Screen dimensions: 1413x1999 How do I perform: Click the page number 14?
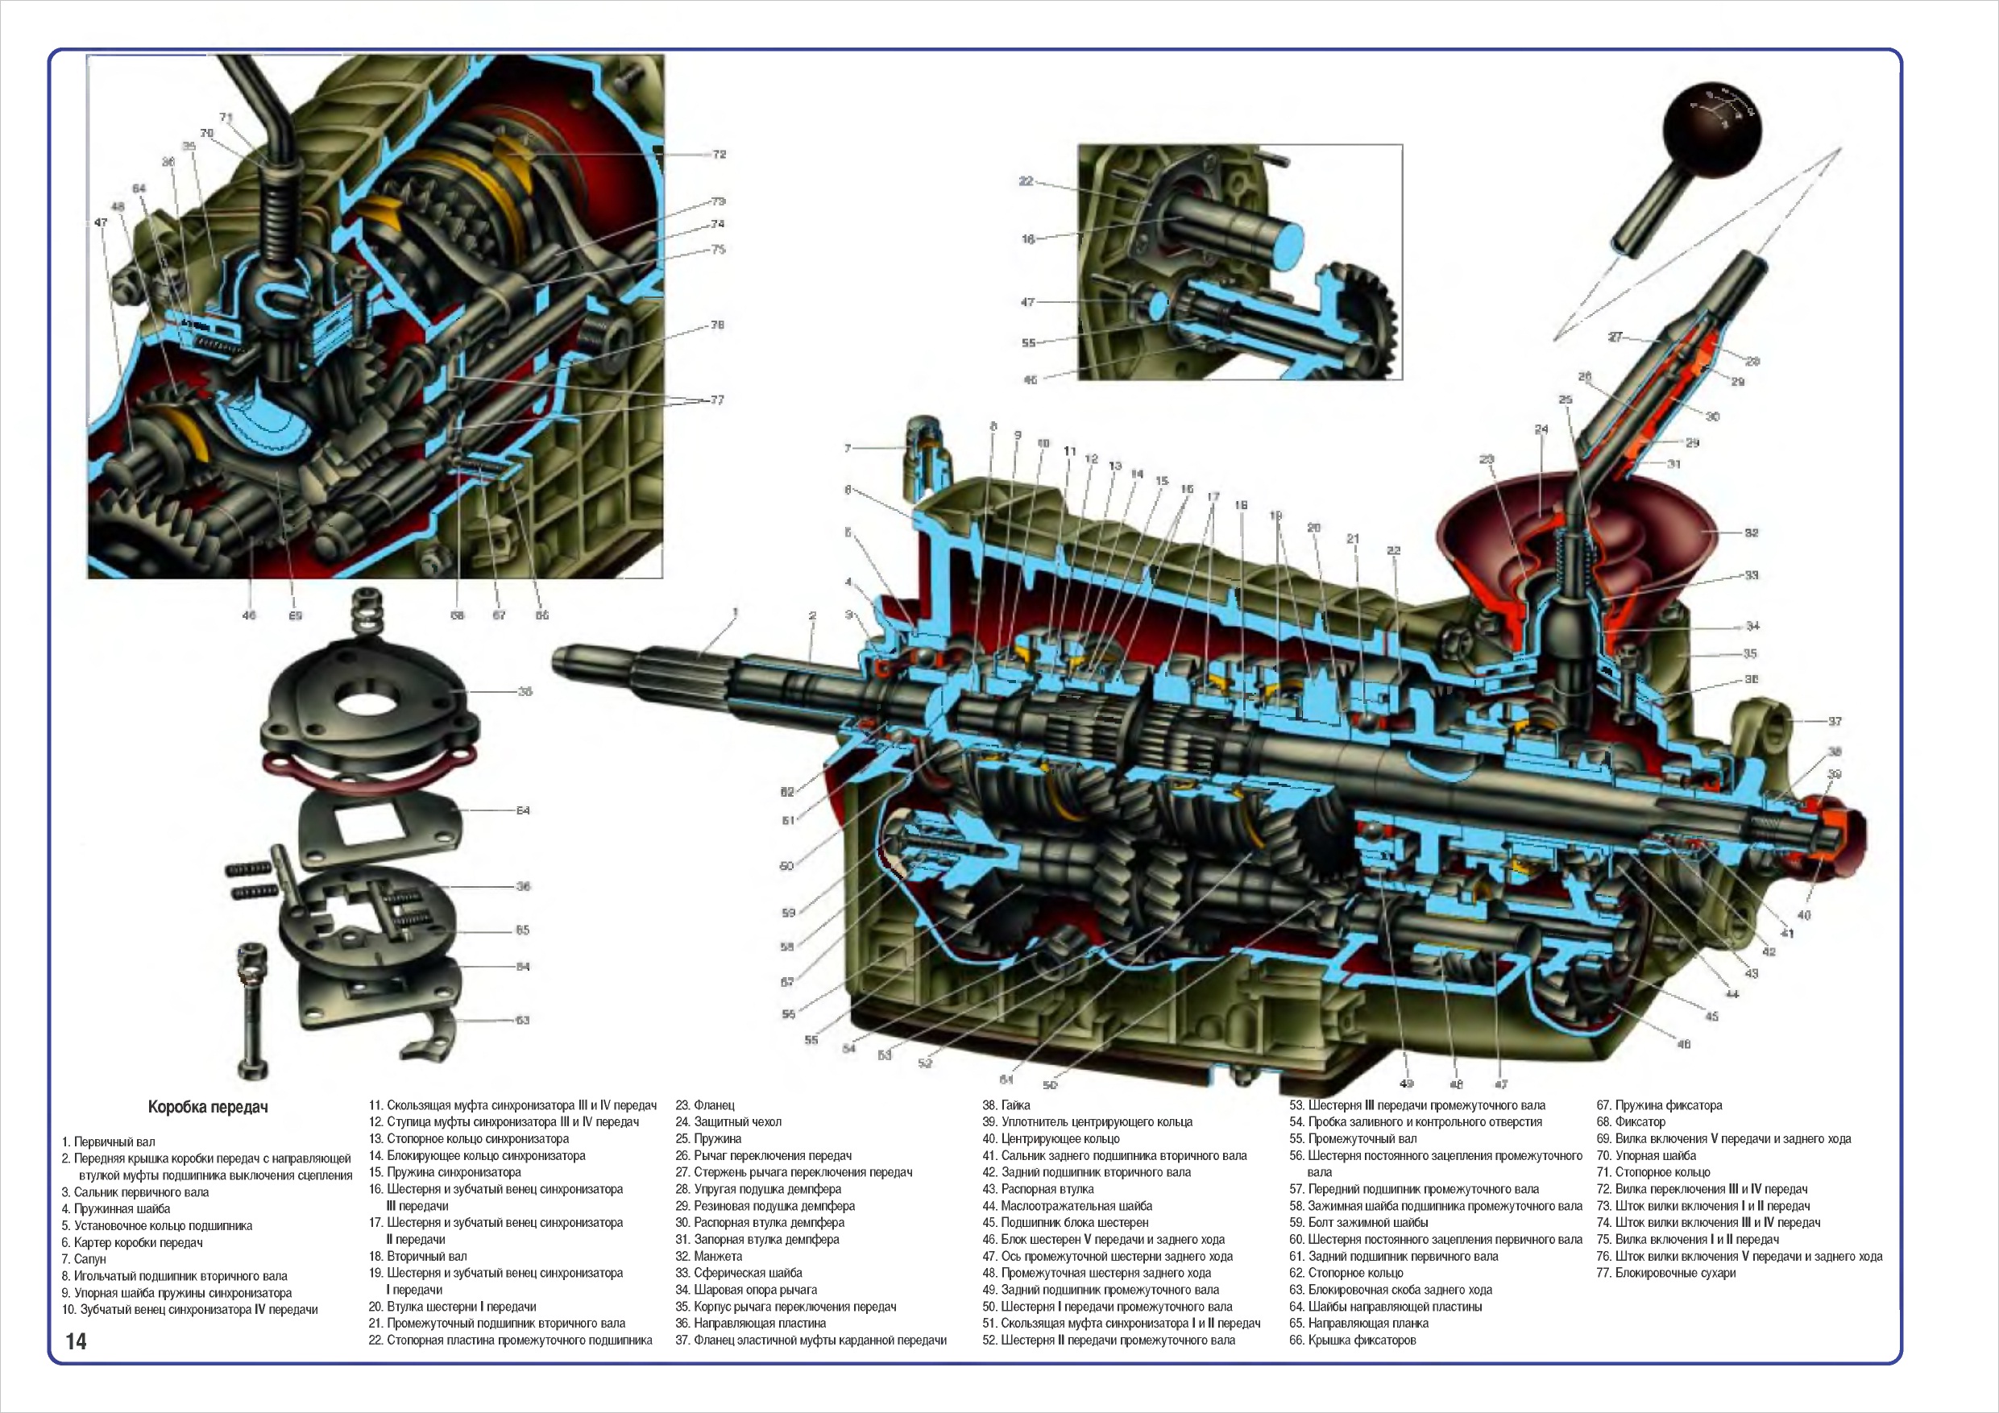pos(77,1340)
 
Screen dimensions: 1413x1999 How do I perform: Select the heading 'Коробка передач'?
pos(207,1108)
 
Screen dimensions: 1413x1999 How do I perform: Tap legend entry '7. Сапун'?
pos(84,1259)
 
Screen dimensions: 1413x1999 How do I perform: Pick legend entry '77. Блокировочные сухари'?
pos(1665,1273)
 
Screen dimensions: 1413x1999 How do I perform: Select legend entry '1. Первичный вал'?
pos(108,1142)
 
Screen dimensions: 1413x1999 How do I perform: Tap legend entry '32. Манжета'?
pos(709,1256)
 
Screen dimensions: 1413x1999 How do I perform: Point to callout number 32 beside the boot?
pos(1751,532)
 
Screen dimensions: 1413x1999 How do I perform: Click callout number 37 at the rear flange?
pos(1835,721)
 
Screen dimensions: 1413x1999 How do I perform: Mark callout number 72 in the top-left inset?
pos(720,154)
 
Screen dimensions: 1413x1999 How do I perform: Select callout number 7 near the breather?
pos(847,449)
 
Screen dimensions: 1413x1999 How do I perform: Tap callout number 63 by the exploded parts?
pos(522,1020)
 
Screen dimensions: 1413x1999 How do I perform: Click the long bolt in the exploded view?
pos(253,1010)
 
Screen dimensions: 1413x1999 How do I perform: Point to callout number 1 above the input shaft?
pos(735,613)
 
